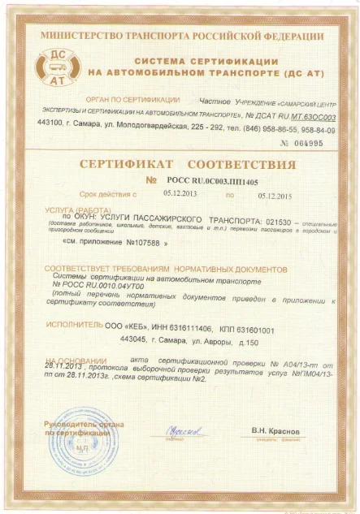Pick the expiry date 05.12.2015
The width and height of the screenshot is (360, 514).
[x=273, y=196]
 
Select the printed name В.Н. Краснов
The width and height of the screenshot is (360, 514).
[x=276, y=430]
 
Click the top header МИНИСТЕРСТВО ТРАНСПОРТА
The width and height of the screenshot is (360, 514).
[x=179, y=37]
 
